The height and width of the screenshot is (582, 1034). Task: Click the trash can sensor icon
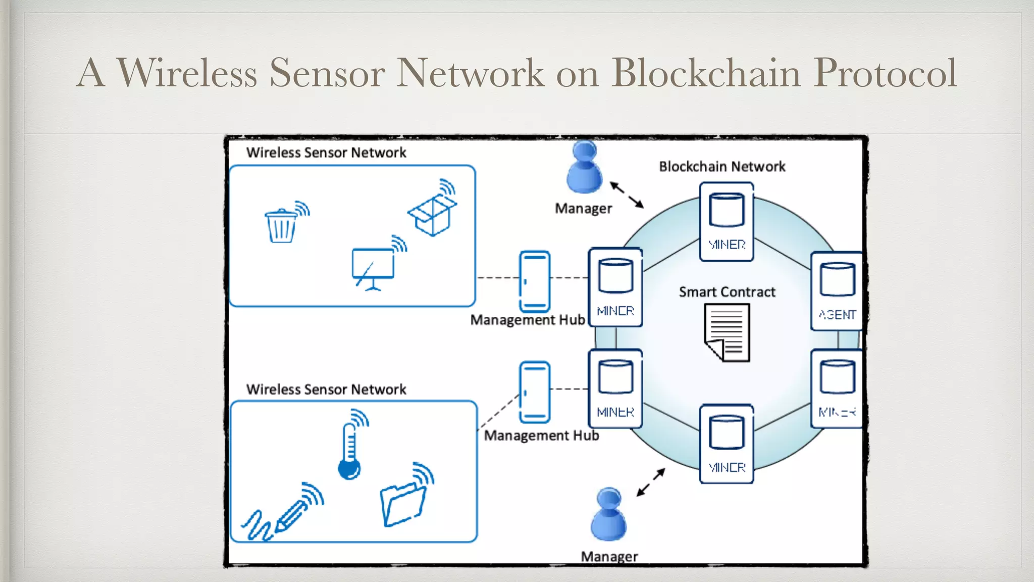click(281, 226)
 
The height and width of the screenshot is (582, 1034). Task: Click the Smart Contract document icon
click(727, 332)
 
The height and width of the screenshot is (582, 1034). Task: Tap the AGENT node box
click(837, 292)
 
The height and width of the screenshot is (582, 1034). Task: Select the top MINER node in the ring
click(727, 222)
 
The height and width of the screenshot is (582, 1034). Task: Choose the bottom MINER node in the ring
click(727, 444)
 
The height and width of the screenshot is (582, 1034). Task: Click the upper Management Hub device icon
click(535, 281)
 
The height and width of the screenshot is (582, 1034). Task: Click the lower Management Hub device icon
click(535, 392)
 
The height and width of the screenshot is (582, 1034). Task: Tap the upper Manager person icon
click(584, 168)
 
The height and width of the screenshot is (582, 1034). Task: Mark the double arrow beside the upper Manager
click(627, 195)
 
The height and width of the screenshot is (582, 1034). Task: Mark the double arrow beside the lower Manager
click(651, 482)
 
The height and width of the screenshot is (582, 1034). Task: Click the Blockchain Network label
click(722, 167)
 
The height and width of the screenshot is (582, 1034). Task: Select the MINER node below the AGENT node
click(837, 389)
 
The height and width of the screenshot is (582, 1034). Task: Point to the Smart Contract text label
click(727, 292)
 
